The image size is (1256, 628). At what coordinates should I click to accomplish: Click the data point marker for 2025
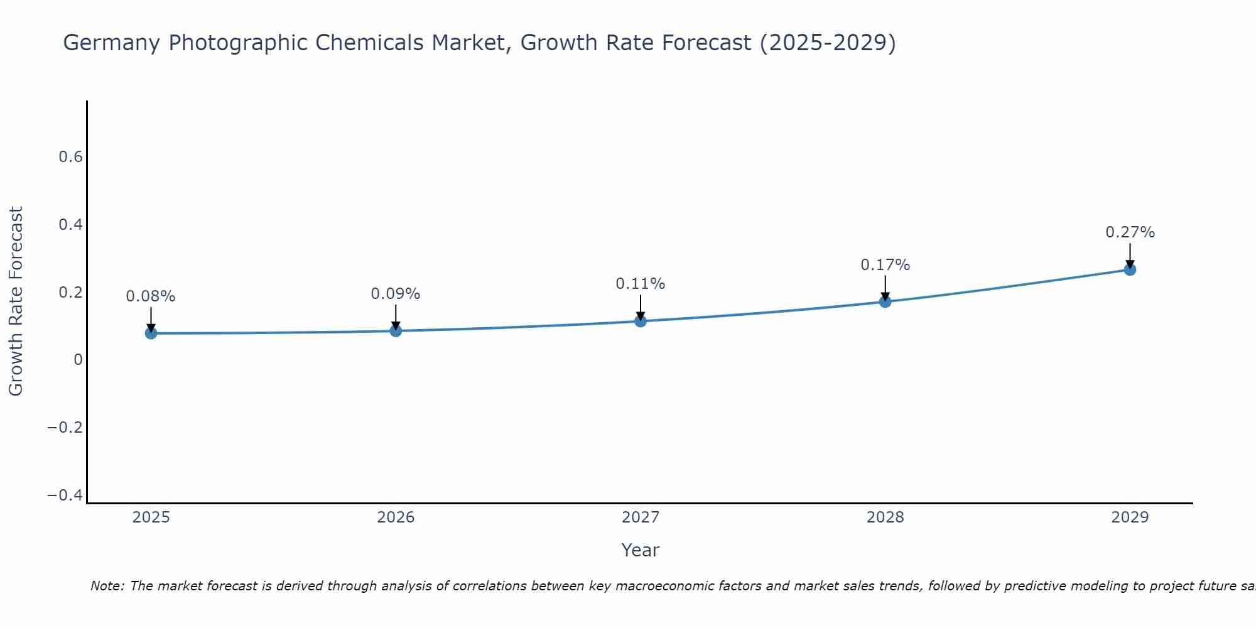point(151,333)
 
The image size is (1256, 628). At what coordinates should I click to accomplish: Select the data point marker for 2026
point(396,330)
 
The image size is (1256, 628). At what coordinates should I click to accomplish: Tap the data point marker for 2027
point(641,322)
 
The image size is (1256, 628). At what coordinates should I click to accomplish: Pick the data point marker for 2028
point(885,301)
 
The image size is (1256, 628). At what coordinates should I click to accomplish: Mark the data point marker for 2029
point(1130,269)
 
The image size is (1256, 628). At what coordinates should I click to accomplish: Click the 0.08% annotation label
point(151,296)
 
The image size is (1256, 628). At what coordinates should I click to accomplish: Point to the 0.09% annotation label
point(396,294)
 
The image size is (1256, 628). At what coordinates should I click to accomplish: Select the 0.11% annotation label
point(641,284)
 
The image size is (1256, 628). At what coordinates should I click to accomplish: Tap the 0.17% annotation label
point(885,265)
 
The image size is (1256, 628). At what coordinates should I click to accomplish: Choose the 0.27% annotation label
point(1130,232)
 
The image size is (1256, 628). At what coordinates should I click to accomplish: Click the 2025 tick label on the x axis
point(151,517)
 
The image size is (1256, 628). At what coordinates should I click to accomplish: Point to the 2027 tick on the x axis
point(641,517)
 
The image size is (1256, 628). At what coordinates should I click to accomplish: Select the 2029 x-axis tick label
point(1130,517)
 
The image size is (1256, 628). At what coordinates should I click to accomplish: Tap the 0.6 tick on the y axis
point(71,157)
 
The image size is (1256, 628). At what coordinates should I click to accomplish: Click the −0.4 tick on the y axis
point(65,495)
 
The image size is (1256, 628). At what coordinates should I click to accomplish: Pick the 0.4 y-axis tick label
point(71,224)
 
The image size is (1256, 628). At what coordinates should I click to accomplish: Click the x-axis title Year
point(640,550)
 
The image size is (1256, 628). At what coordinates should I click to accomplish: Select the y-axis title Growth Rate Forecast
point(16,301)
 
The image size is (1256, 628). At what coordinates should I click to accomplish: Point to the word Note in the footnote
point(107,586)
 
